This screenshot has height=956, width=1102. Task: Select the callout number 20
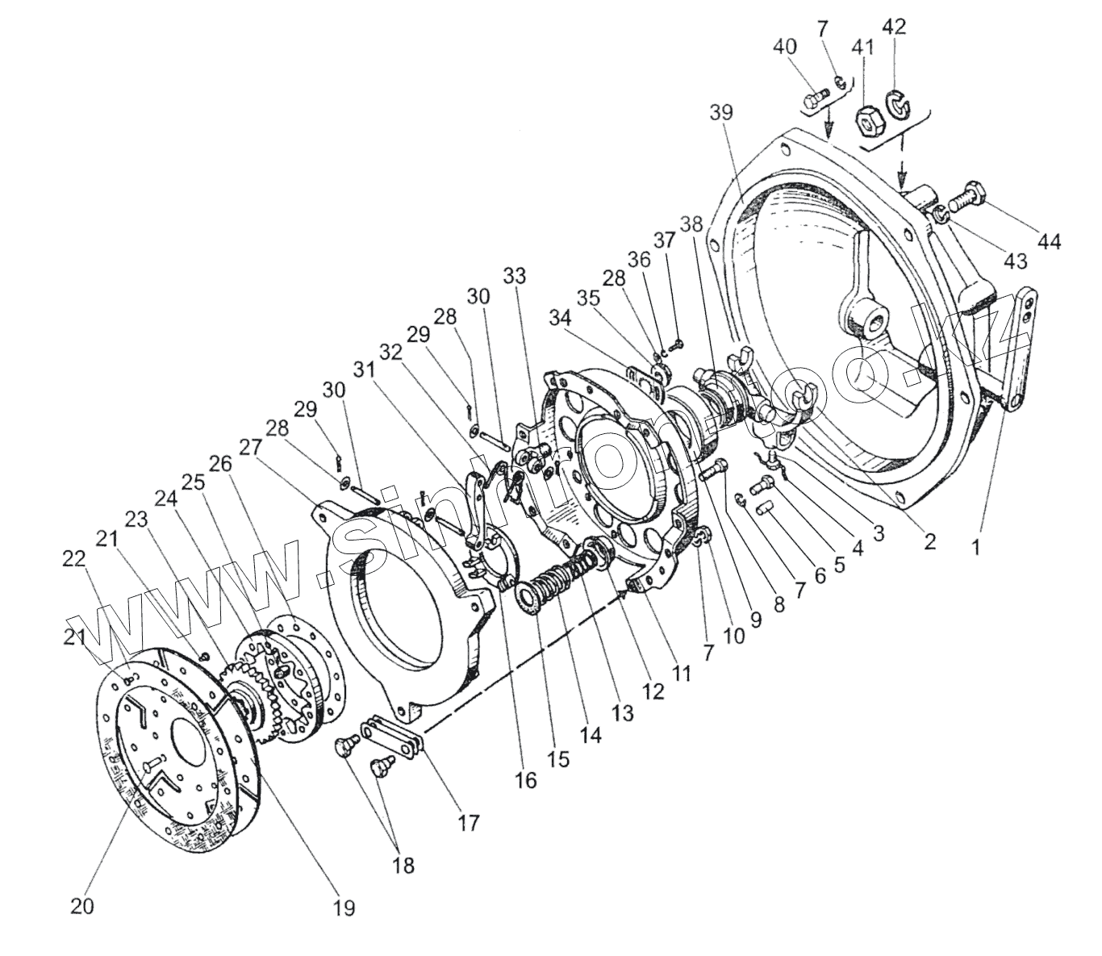click(x=81, y=905)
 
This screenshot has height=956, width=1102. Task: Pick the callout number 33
click(x=514, y=276)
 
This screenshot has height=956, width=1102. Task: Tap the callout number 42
click(x=895, y=27)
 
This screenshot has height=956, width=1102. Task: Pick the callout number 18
click(x=403, y=866)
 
